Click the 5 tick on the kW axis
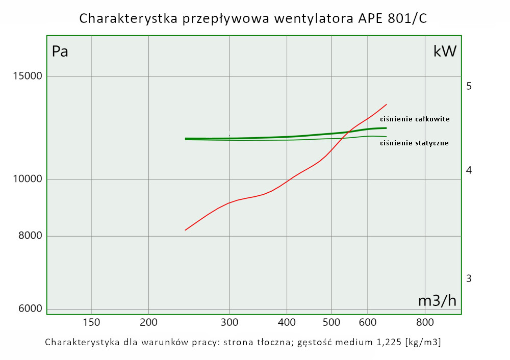tap(469, 86)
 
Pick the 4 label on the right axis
tap(469, 170)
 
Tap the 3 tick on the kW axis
tap(469, 278)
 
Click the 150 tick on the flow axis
tap(91, 322)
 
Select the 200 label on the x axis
tap(148, 322)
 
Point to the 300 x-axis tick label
tap(229, 322)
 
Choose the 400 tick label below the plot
tap(287, 322)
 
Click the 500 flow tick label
tap(331, 322)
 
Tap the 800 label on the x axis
tap(425, 322)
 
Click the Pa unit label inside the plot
tap(60, 52)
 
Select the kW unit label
tap(445, 52)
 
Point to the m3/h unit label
tap(437, 301)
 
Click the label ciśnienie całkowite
tap(415, 119)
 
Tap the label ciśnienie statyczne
tap(415, 143)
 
